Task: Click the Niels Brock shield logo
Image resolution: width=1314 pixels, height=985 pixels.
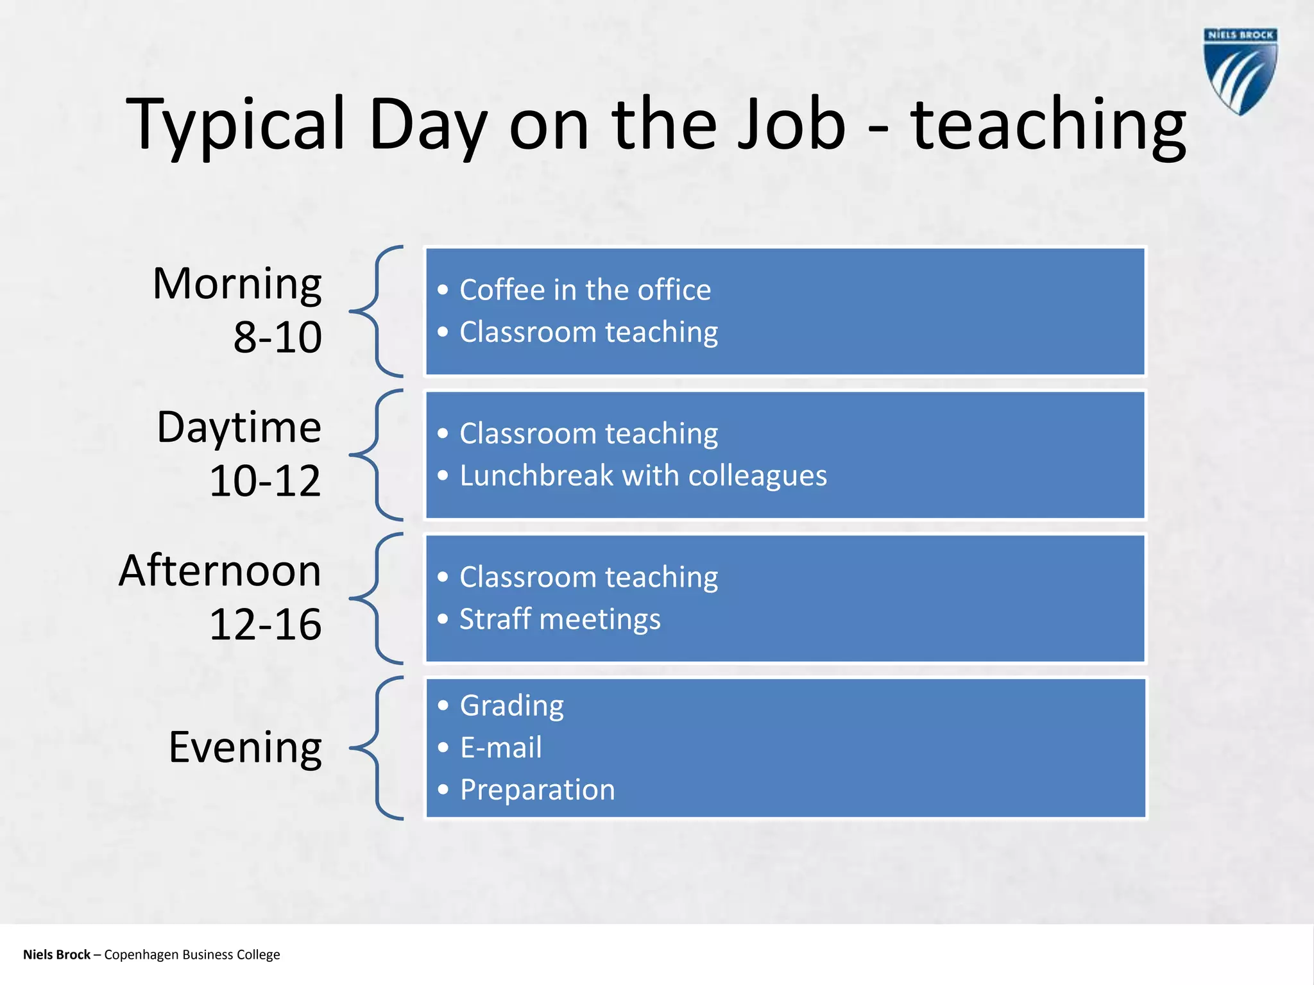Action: tap(1240, 72)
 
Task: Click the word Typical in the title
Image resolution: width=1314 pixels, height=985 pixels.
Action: tap(235, 125)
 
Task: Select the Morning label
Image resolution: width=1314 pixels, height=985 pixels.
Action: tap(237, 283)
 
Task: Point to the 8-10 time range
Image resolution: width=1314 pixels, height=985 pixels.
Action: tap(277, 337)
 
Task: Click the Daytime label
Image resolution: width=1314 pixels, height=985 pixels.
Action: tap(239, 427)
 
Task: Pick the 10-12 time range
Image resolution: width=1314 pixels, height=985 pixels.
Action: tap(265, 481)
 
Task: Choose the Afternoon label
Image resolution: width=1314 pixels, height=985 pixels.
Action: tap(220, 571)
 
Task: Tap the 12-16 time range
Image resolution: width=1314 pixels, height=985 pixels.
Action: tap(265, 625)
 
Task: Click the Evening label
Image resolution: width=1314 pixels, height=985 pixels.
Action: tap(245, 747)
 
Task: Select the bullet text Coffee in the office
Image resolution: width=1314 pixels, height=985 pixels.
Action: tap(584, 290)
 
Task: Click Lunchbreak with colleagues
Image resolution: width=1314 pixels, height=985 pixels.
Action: tap(643, 476)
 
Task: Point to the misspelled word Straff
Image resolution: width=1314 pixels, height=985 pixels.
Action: tap(495, 619)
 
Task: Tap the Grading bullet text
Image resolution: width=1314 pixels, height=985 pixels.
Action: tap(511, 706)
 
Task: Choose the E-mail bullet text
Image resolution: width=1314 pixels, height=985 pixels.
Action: tap(500, 748)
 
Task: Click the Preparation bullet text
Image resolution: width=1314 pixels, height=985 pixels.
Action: tap(537, 789)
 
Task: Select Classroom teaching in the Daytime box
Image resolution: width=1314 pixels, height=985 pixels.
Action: tap(588, 434)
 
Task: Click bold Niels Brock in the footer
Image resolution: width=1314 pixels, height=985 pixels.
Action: tap(56, 954)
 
